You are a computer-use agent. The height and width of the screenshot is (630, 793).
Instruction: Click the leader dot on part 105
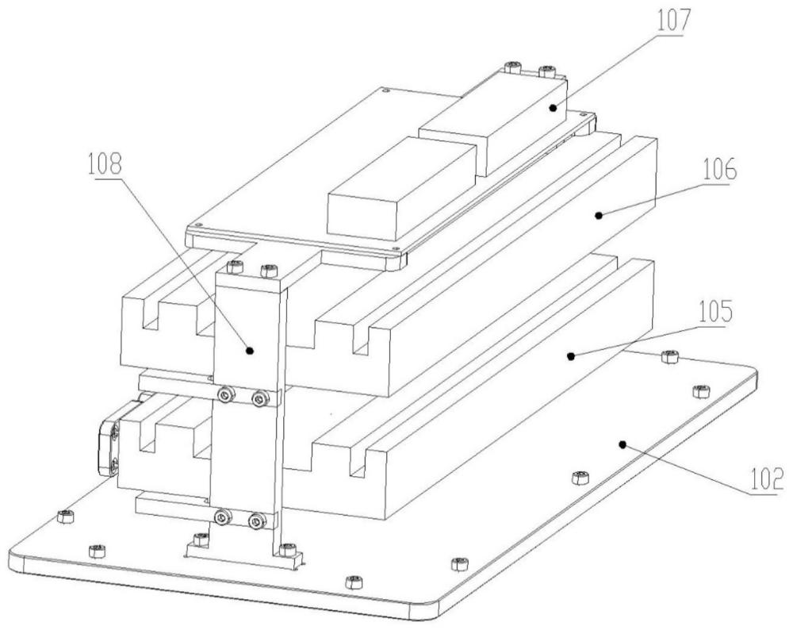[569, 357]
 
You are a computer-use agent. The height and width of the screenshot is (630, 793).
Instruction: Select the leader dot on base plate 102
[623, 444]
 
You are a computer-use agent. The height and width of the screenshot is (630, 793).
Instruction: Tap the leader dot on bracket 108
[249, 349]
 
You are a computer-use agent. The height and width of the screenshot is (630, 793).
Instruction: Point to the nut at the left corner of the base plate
[64, 517]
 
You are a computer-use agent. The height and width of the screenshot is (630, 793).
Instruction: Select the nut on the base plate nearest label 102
[699, 390]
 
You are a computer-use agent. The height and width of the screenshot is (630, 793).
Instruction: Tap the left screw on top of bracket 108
[234, 267]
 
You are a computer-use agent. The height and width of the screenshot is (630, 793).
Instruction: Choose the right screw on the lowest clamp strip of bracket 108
[255, 521]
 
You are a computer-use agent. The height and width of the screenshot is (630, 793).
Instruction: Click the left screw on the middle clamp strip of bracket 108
[228, 394]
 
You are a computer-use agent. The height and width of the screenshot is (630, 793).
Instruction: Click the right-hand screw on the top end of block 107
[546, 73]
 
